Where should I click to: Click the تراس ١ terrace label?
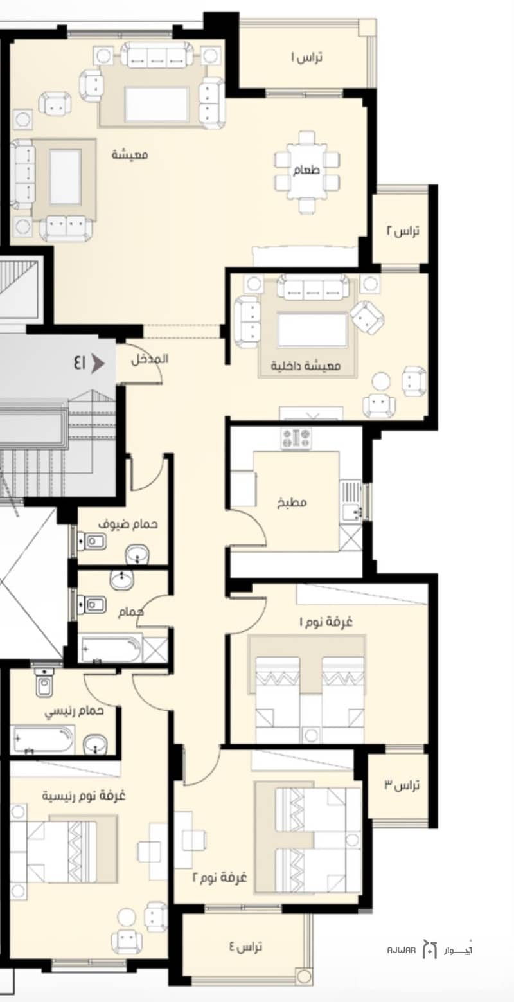[x=307, y=58]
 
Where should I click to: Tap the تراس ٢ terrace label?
[x=403, y=231]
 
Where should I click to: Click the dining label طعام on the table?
[x=306, y=170]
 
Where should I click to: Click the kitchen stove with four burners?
[x=296, y=438]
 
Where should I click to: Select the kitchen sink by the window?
[x=351, y=501]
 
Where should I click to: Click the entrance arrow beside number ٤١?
[x=98, y=363]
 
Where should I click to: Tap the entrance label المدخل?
[x=150, y=359]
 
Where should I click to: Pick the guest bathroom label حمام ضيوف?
[x=128, y=524]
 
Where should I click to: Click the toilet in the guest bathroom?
[x=92, y=542]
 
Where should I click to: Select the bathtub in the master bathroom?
[x=44, y=739]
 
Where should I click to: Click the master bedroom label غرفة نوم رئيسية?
[x=84, y=796]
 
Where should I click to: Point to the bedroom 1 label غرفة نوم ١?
[x=326, y=622]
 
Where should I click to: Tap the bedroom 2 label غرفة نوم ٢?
[x=220, y=877]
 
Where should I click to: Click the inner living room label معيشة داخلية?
[x=306, y=366]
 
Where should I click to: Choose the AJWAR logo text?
[x=402, y=950]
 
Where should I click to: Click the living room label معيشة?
[x=129, y=155]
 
